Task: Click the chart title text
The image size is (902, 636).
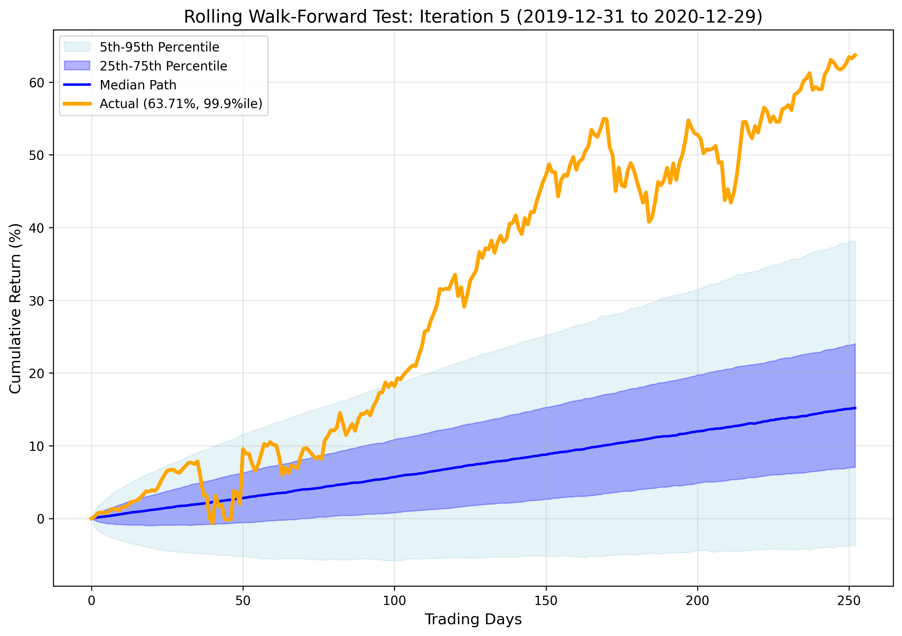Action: tap(473, 17)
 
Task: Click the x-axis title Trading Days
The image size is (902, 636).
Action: tap(473, 619)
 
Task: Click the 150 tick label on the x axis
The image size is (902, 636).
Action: tap(546, 601)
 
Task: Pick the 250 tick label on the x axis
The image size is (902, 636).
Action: tap(849, 601)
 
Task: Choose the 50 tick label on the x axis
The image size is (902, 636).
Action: tap(243, 601)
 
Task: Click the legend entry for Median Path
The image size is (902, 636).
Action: tap(138, 85)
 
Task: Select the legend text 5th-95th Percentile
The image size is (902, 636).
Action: tap(159, 47)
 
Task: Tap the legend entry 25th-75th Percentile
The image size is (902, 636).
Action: tap(163, 66)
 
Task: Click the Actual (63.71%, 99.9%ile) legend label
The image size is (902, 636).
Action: tap(181, 104)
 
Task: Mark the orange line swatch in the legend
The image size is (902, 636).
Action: tap(77, 104)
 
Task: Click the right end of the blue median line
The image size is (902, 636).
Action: tap(855, 408)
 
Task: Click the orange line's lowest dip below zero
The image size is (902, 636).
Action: tap(213, 523)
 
